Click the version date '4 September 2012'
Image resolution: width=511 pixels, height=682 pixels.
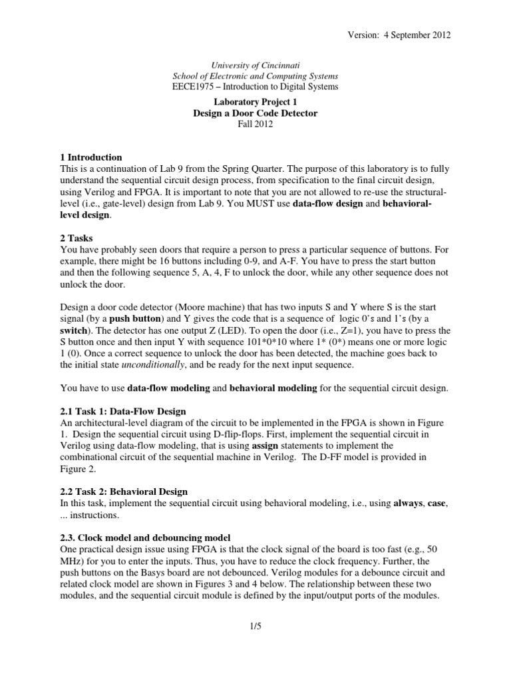[x=417, y=35]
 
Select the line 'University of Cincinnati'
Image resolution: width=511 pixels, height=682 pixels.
[x=255, y=66]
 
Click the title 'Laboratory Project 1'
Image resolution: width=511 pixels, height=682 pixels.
[x=255, y=103]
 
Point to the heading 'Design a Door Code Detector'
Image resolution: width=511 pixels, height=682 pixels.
[x=255, y=113]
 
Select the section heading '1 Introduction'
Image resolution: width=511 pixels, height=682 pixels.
[x=91, y=158]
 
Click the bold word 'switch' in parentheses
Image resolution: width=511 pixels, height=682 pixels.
[x=75, y=330]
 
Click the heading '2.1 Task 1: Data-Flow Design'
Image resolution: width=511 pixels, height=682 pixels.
[x=123, y=411]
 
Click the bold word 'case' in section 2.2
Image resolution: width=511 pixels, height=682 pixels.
[x=436, y=503]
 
